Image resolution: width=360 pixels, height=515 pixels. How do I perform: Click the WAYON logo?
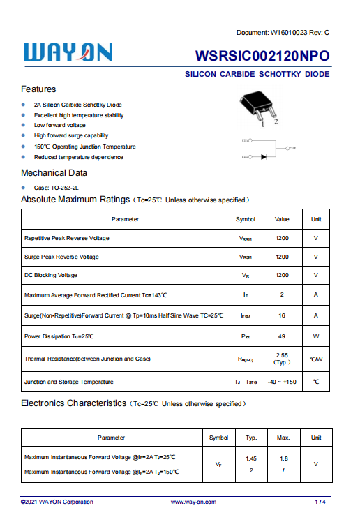point(68,53)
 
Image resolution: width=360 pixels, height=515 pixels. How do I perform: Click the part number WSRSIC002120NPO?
point(262,57)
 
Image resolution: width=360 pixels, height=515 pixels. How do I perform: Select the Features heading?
point(38,89)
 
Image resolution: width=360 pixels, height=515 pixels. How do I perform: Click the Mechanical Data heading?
point(54,172)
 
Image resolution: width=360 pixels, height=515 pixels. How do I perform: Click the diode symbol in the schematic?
point(264,156)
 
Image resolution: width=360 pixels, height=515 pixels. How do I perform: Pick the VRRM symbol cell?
point(246,238)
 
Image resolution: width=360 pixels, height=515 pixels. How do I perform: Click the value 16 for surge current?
point(282,315)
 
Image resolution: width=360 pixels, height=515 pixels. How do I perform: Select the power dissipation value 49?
point(282,336)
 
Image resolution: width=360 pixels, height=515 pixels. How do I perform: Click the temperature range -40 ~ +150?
point(282,382)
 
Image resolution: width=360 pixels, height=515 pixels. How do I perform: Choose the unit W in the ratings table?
point(316,336)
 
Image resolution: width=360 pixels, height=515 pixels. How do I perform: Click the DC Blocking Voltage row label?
point(50,275)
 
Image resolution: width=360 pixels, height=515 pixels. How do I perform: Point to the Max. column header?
point(283,438)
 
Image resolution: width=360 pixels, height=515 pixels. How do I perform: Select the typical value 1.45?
point(251,458)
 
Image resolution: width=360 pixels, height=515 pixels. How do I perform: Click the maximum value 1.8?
point(283,458)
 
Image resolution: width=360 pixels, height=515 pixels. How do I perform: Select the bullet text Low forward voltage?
point(60,125)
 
